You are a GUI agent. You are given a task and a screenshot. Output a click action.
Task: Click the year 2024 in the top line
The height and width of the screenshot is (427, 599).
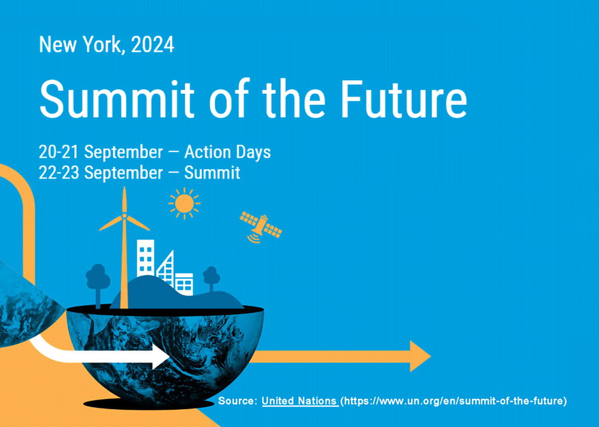tap(153, 44)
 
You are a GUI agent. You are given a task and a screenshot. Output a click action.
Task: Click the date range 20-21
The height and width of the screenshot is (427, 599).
tap(59, 152)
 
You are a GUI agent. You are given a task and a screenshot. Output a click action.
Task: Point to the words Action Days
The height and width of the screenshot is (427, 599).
tap(228, 152)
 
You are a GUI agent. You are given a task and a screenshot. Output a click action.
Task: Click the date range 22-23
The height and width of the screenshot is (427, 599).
tap(59, 173)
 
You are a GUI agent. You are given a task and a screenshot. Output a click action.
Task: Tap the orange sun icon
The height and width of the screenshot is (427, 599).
tap(184, 203)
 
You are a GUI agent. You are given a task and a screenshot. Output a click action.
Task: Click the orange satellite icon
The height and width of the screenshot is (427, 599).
tap(261, 227)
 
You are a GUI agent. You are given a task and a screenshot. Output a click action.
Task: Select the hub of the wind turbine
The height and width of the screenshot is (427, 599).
tap(124, 216)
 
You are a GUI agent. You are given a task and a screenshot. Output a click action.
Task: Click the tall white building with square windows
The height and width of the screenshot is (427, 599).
tap(146, 258)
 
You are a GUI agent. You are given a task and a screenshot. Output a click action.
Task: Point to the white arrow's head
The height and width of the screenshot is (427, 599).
tap(161, 356)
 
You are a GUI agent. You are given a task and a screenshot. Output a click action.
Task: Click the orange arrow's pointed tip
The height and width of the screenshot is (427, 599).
tap(431, 356)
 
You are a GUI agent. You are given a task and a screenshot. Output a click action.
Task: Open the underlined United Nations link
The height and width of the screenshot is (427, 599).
tap(300, 401)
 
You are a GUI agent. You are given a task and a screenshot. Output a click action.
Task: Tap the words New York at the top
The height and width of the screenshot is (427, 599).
tap(82, 44)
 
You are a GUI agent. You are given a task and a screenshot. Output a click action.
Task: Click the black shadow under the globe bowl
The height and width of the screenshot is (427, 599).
tap(149, 404)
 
